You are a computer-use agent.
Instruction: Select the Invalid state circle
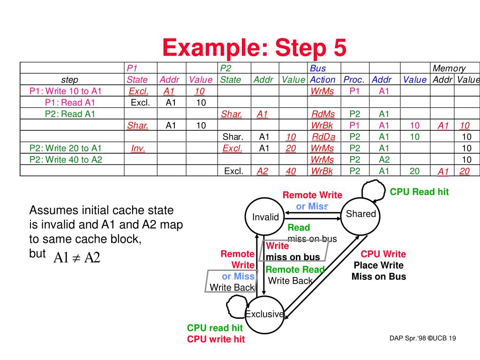click(x=265, y=217)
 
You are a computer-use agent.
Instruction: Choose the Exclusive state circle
click(x=264, y=314)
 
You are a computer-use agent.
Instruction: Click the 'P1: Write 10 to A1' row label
click(x=65, y=91)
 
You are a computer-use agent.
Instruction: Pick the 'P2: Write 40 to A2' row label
click(x=66, y=159)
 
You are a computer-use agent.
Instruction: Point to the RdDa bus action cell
click(x=323, y=136)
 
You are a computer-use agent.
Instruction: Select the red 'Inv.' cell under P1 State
click(x=138, y=148)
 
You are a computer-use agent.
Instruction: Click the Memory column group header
click(x=449, y=68)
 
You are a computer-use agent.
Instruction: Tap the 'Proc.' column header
click(x=354, y=80)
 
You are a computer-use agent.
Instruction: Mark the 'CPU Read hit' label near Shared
click(x=419, y=192)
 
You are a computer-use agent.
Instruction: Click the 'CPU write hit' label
click(x=216, y=339)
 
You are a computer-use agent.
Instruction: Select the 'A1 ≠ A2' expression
click(x=76, y=257)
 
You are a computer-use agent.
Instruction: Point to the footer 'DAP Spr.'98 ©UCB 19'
click(x=422, y=338)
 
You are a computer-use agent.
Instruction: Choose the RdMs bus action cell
click(x=323, y=114)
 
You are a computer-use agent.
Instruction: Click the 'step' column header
click(x=70, y=80)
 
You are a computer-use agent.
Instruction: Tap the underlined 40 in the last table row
click(x=291, y=171)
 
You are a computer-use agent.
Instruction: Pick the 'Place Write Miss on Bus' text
click(x=379, y=271)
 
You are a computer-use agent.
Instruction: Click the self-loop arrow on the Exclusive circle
click(x=234, y=307)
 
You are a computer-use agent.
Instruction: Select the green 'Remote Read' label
click(x=295, y=270)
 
